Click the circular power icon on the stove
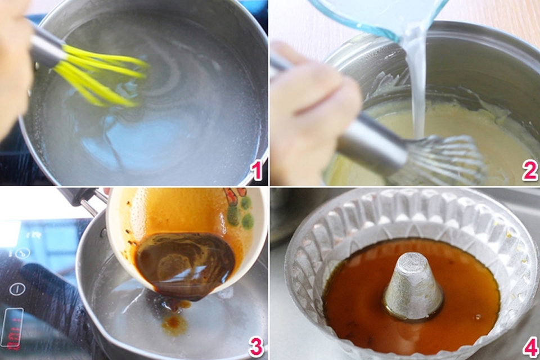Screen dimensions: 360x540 click(17, 289)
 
